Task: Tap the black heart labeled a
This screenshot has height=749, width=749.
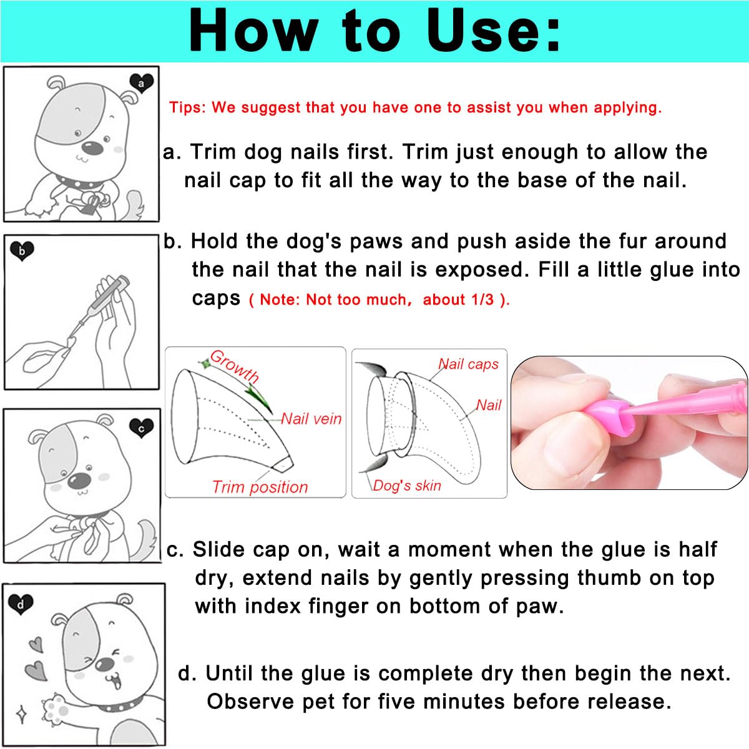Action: tap(141, 82)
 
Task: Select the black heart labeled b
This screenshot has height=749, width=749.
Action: tap(22, 251)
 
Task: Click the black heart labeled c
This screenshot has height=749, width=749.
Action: tap(141, 428)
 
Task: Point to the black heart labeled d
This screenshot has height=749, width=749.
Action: tap(21, 604)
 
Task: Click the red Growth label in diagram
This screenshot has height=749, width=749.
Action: tap(234, 366)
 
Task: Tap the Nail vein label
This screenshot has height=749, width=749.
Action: tap(311, 419)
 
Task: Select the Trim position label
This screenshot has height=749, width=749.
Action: tap(260, 487)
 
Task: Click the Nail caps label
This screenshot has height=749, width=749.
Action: tap(468, 364)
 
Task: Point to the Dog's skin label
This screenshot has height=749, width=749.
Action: tap(407, 486)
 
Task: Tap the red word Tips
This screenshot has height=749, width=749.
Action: tap(187, 107)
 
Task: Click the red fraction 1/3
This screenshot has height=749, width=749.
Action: tap(482, 300)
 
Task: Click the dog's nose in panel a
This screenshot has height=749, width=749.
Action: tap(92, 148)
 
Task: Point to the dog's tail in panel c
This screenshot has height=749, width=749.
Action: tap(147, 540)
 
